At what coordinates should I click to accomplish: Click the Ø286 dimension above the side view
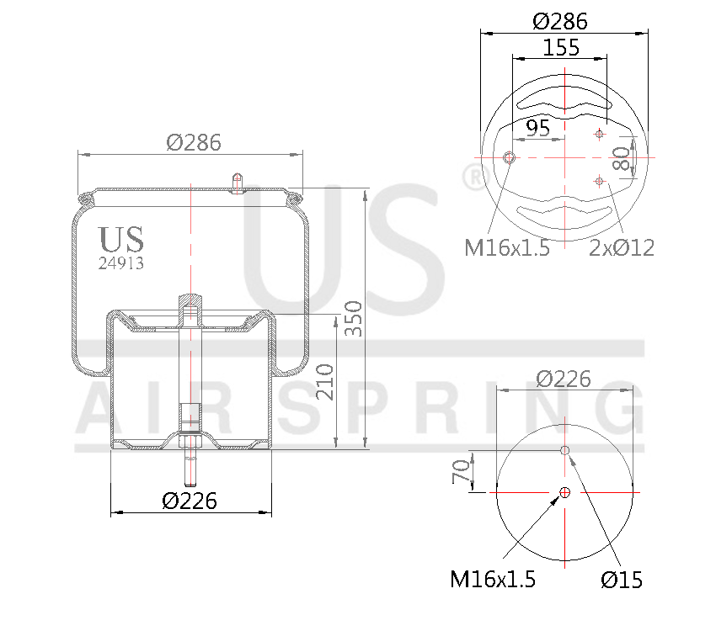point(194,143)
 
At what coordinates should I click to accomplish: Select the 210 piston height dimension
point(327,382)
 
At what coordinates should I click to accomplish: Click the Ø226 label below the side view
point(190,501)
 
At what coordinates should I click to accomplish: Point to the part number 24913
point(121,262)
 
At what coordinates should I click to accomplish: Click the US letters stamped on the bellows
point(121,240)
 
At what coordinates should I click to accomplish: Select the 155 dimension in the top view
point(561,48)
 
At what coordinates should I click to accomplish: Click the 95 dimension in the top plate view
point(537,128)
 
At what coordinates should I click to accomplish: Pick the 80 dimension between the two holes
point(622,158)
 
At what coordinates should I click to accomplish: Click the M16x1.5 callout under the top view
point(507,247)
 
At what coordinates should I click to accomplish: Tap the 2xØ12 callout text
point(622,247)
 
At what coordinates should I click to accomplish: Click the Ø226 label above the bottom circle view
point(564,379)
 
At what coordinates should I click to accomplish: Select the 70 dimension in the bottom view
point(461,472)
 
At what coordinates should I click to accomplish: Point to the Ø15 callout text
point(622,580)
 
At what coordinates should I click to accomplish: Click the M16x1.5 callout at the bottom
point(493,580)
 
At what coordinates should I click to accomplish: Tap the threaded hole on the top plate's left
point(509,158)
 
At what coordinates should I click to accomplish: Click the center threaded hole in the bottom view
point(564,492)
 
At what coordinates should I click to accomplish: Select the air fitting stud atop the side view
point(238,183)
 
